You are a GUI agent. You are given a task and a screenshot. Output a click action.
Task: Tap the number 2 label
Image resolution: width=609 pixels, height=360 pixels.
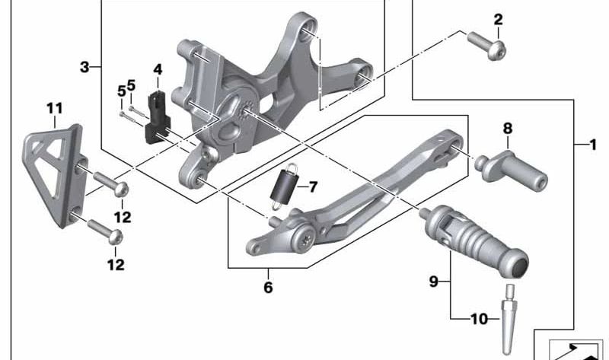(x=498, y=19)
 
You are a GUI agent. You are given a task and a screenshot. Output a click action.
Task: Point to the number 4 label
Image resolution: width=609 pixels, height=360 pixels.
(x=158, y=69)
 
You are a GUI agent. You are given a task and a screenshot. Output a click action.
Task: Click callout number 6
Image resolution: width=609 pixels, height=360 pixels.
(x=268, y=288)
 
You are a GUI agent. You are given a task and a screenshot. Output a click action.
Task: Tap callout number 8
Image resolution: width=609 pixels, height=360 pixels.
(x=508, y=129)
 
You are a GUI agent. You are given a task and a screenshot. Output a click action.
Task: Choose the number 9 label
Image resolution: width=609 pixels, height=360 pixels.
(x=433, y=282)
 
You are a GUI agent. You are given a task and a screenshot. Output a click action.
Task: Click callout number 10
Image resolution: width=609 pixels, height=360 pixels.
(x=479, y=320)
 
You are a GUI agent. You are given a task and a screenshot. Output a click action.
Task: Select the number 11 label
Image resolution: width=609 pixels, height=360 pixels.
(x=54, y=108)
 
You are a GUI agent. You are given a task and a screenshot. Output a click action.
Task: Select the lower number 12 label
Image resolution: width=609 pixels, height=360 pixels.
(x=116, y=265)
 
